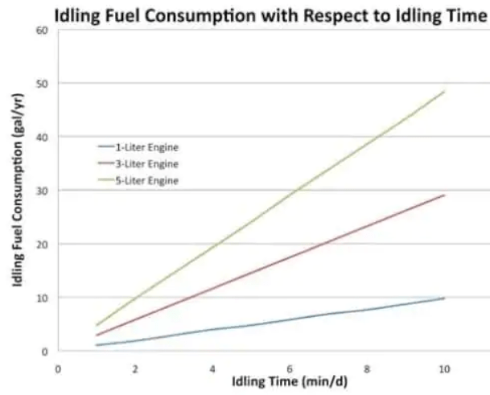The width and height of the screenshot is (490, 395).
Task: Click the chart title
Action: click(270, 14)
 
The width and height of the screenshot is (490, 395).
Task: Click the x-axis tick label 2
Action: click(135, 367)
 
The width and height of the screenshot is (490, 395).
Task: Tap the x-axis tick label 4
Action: click(212, 367)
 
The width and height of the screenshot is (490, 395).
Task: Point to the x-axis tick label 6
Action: click(290, 367)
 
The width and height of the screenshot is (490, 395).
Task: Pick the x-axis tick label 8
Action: click(367, 367)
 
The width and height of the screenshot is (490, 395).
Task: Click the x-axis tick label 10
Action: click(443, 367)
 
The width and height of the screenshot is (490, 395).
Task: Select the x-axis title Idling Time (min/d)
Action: click(290, 380)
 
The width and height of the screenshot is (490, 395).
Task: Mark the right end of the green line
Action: click(444, 92)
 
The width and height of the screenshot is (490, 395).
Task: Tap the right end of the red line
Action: click(444, 195)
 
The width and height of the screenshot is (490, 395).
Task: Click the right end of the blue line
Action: click(444, 298)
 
